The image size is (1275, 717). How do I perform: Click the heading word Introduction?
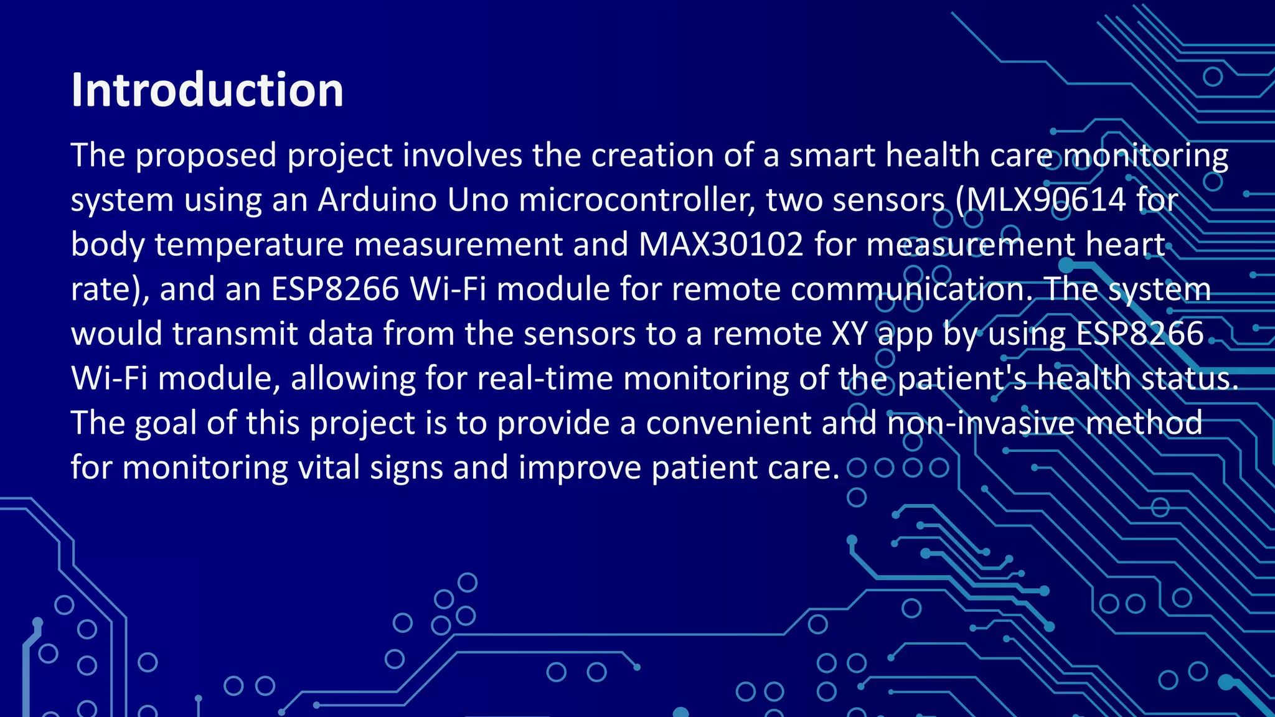pos(207,90)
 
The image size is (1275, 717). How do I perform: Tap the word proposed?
pos(205,156)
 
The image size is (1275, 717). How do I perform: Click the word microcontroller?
pos(637,200)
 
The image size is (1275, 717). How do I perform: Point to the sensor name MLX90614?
pos(1045,200)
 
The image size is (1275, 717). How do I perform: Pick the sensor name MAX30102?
pos(721,245)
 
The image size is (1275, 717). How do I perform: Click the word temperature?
pos(249,245)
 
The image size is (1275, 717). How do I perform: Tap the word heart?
pos(1125,245)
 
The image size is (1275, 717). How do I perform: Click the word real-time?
pos(545,378)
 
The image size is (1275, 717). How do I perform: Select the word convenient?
pos(728,423)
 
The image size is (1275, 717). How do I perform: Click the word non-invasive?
pos(981,423)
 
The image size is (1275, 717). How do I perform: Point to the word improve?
pos(579,468)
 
